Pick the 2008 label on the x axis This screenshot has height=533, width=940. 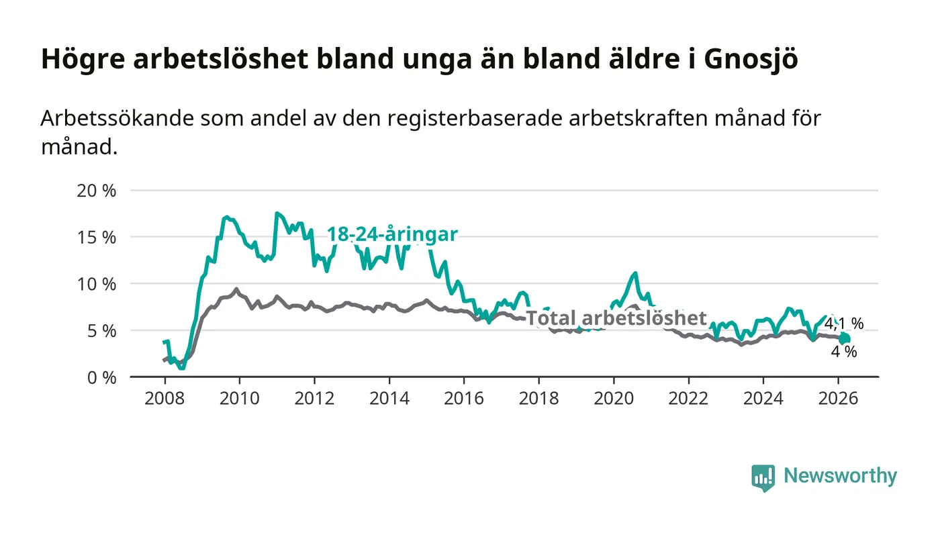pyautogui.click(x=164, y=398)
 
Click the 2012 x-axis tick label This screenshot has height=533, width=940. pyautogui.click(x=314, y=398)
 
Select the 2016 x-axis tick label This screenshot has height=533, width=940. pyautogui.click(x=464, y=398)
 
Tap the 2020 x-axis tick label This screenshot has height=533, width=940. pyautogui.click(x=614, y=398)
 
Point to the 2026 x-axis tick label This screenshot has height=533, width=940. pyautogui.click(x=838, y=398)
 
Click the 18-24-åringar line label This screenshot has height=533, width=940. pyautogui.click(x=392, y=234)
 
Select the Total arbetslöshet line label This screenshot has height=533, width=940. pyautogui.click(x=616, y=318)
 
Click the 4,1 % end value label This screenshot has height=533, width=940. pyautogui.click(x=844, y=324)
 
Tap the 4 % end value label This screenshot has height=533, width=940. pyautogui.click(x=844, y=351)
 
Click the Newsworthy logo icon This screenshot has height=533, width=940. pyautogui.click(x=763, y=477)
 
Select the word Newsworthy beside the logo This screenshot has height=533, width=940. pyautogui.click(x=840, y=476)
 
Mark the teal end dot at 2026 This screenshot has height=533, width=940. pyautogui.click(x=845, y=338)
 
